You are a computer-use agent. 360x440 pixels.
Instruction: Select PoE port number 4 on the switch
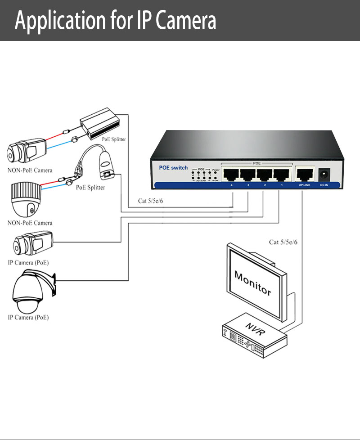(231, 175)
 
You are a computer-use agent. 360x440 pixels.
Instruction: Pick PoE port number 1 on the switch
(279, 175)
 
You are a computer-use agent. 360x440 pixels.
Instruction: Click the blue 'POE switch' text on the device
(173, 168)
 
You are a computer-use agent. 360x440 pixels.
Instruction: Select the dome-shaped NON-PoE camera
(25, 199)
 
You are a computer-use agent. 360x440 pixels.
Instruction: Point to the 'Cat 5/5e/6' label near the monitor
(283, 242)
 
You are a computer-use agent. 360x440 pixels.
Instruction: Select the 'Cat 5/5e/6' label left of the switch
(150, 201)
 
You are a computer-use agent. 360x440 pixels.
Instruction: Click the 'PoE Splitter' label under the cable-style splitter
(90, 187)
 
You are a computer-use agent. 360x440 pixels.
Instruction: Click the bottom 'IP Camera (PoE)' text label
(28, 318)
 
